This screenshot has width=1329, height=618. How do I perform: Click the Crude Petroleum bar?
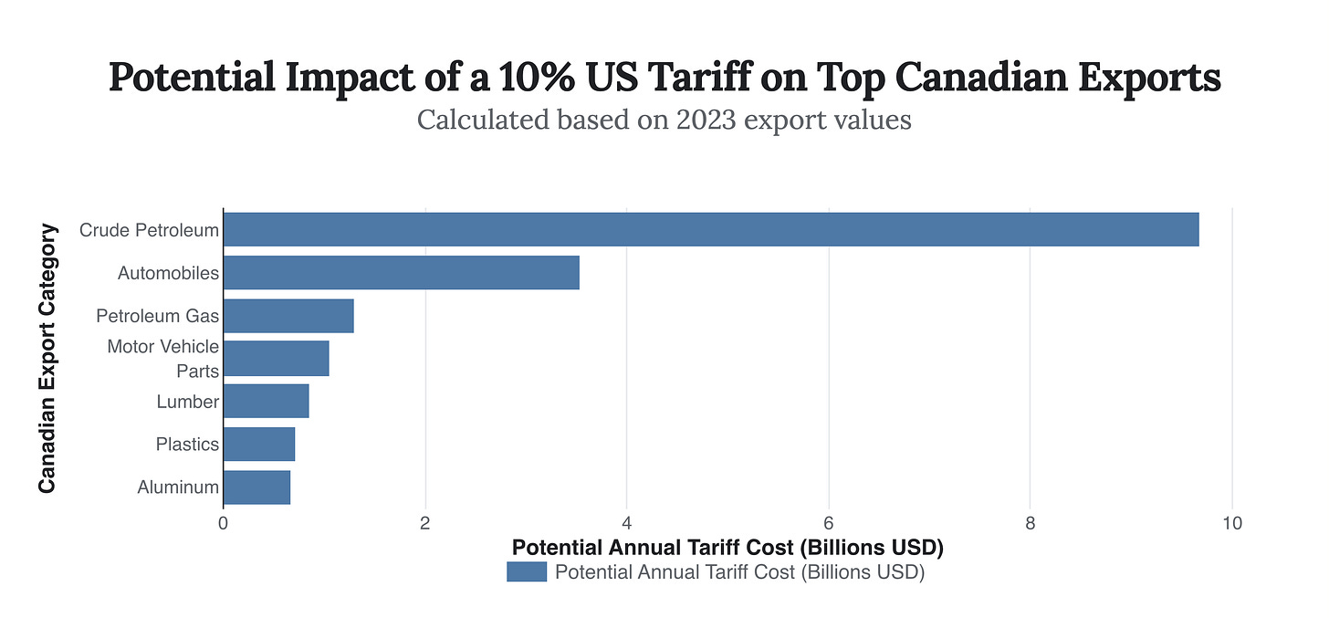[x=710, y=229]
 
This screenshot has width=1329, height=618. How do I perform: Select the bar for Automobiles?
[x=401, y=273]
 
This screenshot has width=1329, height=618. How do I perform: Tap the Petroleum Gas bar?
[x=288, y=316]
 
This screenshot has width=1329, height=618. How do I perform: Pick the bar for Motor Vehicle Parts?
[x=276, y=359]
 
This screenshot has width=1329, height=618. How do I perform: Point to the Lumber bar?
[x=266, y=402]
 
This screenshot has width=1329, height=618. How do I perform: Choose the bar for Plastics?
[x=258, y=445]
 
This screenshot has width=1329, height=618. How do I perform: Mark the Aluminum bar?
[x=256, y=487]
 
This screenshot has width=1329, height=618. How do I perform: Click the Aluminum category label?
[x=178, y=487]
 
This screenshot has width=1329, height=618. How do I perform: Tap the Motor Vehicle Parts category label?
[x=162, y=359]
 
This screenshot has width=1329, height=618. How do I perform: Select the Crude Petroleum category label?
[x=149, y=230]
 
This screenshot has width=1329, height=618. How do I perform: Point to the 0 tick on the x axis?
[x=223, y=524]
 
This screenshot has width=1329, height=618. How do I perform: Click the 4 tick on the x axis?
[x=626, y=524]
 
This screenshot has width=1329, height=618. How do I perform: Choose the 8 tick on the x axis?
[x=1030, y=524]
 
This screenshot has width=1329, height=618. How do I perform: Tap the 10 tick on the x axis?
[x=1231, y=524]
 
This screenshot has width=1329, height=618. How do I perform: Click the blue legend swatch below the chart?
[x=527, y=572]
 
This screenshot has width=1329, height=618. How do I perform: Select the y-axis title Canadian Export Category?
[x=47, y=358]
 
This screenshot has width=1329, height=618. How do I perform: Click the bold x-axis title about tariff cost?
[x=727, y=548]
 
